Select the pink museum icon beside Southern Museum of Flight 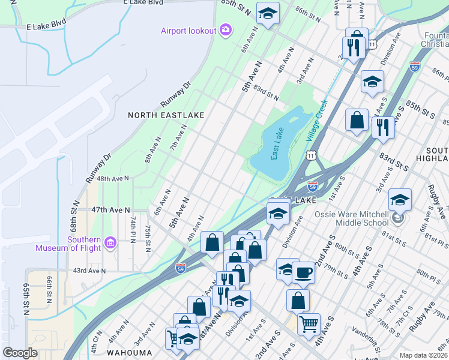(x=110, y=243)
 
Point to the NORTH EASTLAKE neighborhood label (x=166, y=115)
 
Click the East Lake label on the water (x=277, y=143)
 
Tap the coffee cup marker (x=303, y=272)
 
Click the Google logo (x=20, y=352)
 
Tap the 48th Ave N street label (x=113, y=179)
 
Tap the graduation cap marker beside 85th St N (x=268, y=12)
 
